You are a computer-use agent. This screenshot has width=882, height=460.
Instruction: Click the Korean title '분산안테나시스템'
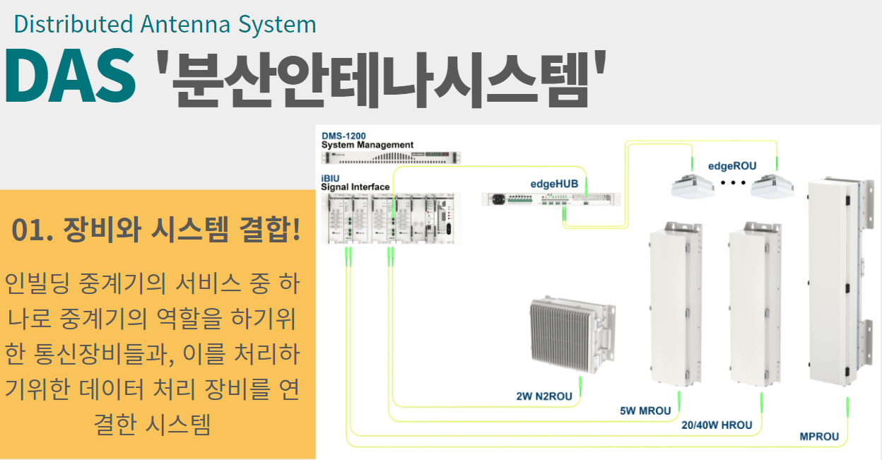pyautogui.click(x=382, y=77)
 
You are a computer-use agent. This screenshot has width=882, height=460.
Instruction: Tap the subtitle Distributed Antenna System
pyautogui.click(x=165, y=24)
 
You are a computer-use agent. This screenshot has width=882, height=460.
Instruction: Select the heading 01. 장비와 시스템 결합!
pyautogui.click(x=156, y=231)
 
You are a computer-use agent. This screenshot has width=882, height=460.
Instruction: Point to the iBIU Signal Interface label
pyautogui.click(x=355, y=182)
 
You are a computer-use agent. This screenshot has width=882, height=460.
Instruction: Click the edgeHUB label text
pyautogui.click(x=554, y=184)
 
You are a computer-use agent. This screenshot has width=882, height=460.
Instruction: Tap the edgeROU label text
pyautogui.click(x=732, y=167)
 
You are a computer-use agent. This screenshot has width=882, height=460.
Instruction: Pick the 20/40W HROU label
pyautogui.click(x=717, y=425)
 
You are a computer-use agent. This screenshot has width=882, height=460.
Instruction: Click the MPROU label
pyautogui.click(x=819, y=437)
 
